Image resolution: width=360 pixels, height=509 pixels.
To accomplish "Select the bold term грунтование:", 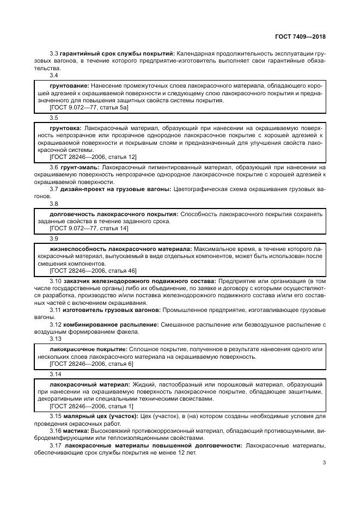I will tap(70, 86).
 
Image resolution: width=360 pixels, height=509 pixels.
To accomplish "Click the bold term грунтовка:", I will tap(66, 127).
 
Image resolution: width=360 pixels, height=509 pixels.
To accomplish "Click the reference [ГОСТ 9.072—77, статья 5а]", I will tap(89, 108).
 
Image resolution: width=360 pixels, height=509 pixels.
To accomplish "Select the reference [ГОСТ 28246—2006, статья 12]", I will tap(93, 157).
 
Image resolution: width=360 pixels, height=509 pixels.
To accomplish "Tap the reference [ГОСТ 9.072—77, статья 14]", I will tap(89, 229).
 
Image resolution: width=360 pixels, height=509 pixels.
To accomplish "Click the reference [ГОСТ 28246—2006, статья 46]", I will tap(93, 271).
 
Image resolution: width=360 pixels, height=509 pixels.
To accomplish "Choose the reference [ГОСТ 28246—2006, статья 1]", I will tap(91, 406).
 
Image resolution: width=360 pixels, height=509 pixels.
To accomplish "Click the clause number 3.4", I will tap(54, 76).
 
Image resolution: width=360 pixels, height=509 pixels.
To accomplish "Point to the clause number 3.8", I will tap(54, 204).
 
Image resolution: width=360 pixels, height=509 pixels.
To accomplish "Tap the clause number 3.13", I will tap(56, 338).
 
